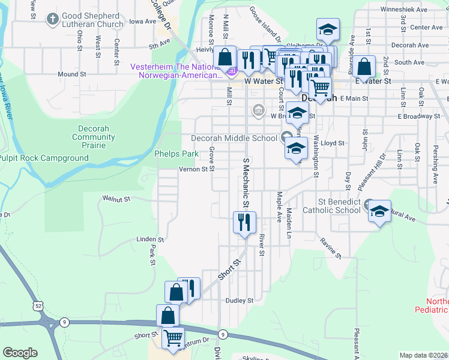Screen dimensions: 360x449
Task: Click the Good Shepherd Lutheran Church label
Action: click(92, 19)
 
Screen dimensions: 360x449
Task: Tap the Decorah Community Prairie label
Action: click(93, 137)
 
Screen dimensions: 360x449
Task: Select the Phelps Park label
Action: click(176, 154)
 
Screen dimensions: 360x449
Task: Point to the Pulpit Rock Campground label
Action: click(44, 158)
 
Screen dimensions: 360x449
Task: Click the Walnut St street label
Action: click(116, 197)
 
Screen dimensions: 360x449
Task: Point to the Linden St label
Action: click(146, 239)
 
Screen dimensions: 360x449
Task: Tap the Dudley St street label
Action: click(240, 301)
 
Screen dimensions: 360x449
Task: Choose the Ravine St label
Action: click(330, 248)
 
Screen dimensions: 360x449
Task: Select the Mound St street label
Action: click(68, 74)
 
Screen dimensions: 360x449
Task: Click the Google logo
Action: click(20, 353)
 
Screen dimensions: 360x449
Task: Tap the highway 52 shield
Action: click(38, 306)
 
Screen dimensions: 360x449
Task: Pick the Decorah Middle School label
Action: click(234, 138)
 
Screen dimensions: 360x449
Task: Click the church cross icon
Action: click(52, 19)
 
